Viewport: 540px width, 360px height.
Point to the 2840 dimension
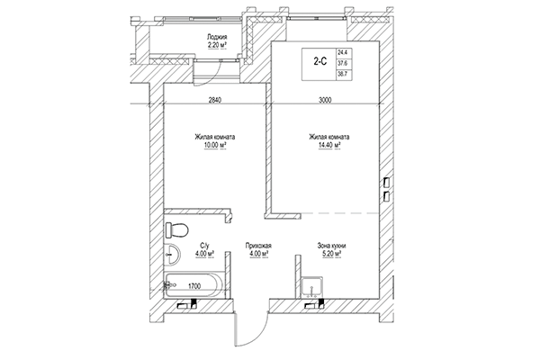[214, 100]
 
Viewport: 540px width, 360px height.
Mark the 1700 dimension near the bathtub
[193, 285]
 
